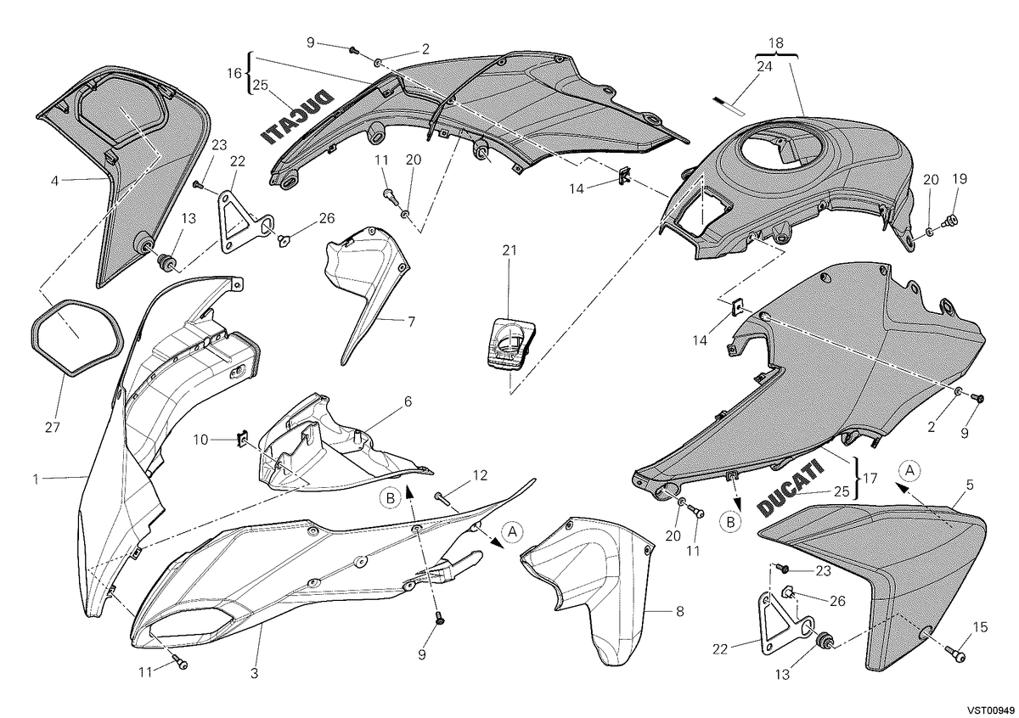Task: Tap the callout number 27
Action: click(53, 427)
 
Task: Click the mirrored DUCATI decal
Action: click(297, 118)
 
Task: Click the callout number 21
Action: click(509, 250)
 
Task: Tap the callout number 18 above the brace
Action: click(776, 43)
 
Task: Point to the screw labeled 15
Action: click(955, 653)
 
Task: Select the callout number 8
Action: click(679, 612)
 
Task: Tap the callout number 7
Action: click(411, 322)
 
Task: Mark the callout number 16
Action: click(234, 73)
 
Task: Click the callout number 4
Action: click(54, 181)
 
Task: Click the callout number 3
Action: click(254, 673)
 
